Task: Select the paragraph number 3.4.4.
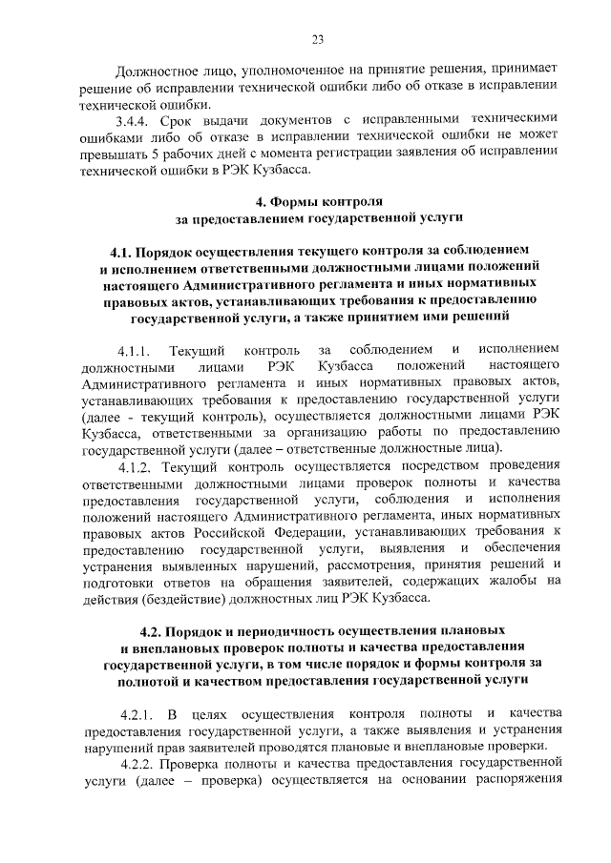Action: point(135,119)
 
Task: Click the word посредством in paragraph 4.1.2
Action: point(413,466)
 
